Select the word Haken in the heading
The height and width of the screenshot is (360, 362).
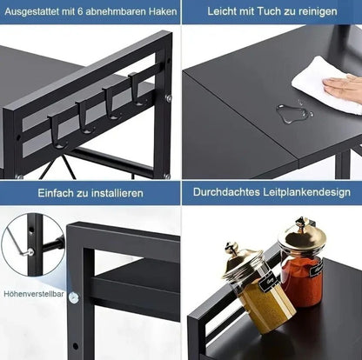159,12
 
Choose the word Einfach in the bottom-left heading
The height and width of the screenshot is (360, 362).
55,192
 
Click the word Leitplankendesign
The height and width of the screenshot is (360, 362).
304,192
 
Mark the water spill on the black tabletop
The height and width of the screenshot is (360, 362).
294,111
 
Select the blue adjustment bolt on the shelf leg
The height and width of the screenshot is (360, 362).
74,297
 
